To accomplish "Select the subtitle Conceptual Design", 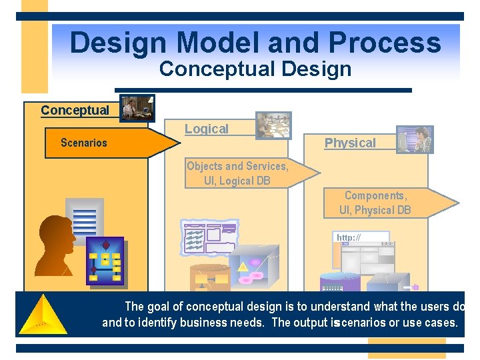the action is point(255,69).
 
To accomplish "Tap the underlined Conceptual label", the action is point(75,110).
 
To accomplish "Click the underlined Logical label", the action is point(206,129).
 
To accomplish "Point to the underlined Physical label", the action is point(350,143).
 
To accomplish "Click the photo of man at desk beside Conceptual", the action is point(138,108).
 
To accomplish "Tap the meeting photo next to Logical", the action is point(273,125).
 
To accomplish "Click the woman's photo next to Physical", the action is point(415,139).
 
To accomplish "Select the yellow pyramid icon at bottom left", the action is point(42,314).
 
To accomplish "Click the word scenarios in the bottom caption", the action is point(368,323).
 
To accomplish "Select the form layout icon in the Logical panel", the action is point(209,237).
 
